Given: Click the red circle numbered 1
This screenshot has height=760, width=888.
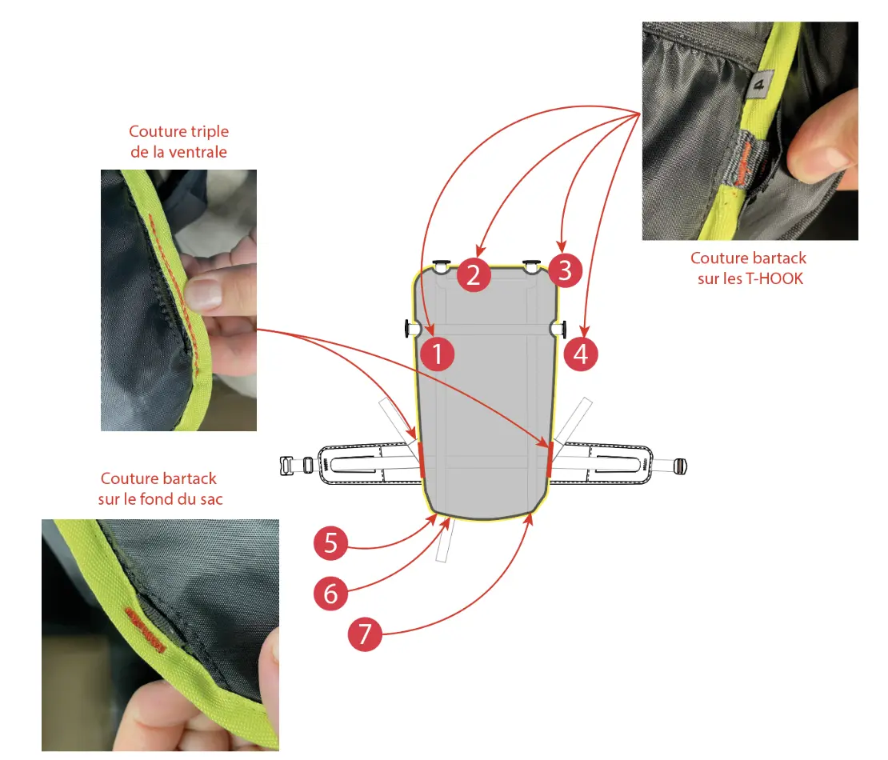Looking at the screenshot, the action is click(438, 354).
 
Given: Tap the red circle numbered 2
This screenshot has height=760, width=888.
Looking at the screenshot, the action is click(474, 274).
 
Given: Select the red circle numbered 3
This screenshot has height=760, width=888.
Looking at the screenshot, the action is click(565, 270).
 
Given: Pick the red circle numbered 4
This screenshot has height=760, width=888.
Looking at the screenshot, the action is click(581, 354).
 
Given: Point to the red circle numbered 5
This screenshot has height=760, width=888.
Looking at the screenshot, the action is click(330, 543).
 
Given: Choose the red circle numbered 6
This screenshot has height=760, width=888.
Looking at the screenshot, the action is click(330, 593).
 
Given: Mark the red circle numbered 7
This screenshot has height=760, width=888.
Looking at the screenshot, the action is click(365, 634).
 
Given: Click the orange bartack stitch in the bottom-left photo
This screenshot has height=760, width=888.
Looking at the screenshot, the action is click(146, 630).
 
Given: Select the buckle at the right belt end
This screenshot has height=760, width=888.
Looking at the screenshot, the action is click(680, 466).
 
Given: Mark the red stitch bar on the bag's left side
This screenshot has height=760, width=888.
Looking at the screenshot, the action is click(422, 460).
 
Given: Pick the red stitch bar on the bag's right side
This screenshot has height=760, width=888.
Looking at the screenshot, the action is click(550, 460).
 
